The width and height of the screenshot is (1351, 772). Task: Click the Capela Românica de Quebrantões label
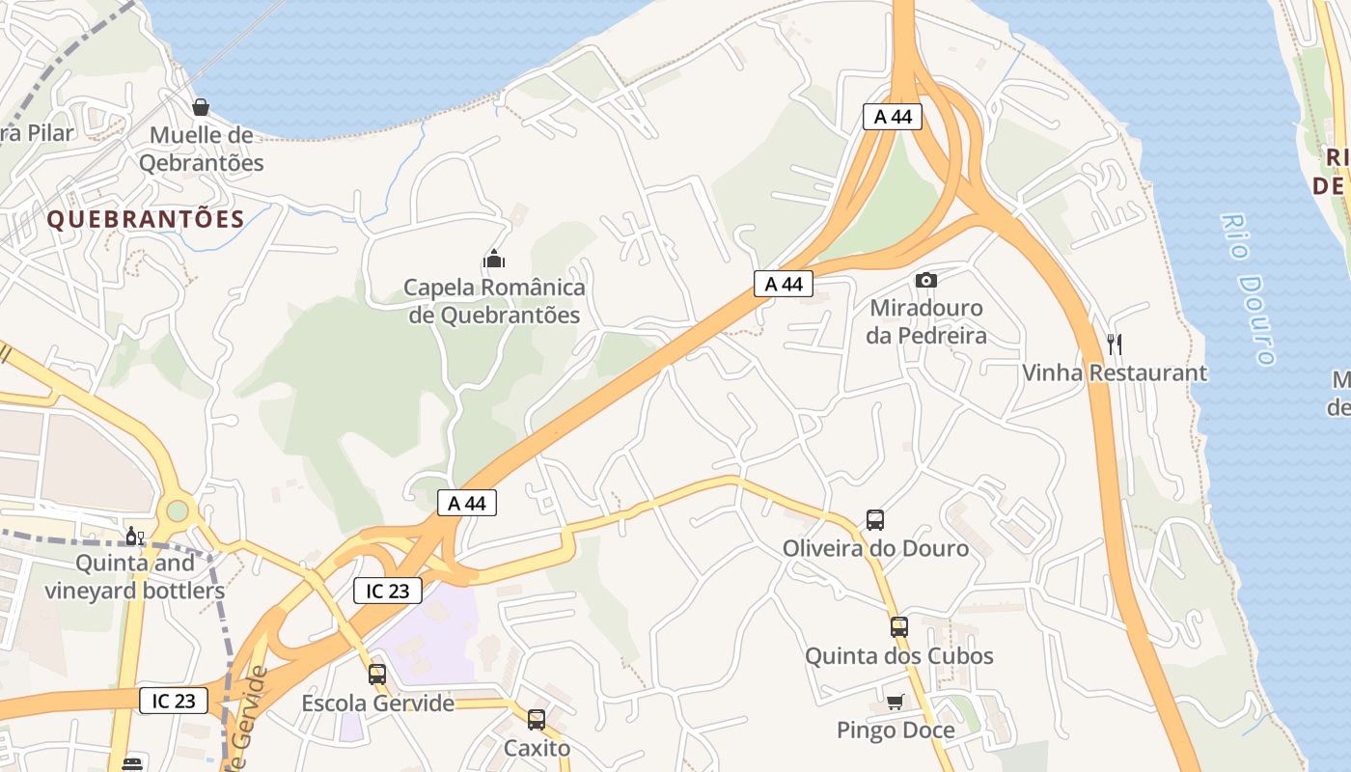click(x=494, y=301)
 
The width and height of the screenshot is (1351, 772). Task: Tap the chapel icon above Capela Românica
click(x=494, y=259)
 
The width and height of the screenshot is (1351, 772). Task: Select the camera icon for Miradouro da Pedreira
click(x=925, y=280)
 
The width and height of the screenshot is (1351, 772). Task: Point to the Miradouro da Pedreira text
click(x=925, y=322)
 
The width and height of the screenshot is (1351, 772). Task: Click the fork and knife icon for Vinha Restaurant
click(x=1114, y=343)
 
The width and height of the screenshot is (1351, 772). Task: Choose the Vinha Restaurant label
click(x=1114, y=372)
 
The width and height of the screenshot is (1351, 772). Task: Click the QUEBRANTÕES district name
click(x=146, y=219)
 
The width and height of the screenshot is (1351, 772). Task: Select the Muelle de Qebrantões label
click(x=201, y=149)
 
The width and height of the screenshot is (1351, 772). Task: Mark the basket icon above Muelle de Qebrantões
click(x=201, y=106)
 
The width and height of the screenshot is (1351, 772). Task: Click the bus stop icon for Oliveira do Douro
click(x=875, y=519)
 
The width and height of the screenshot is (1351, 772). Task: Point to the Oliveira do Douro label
click(x=875, y=548)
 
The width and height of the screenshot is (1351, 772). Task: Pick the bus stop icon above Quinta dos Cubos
click(x=898, y=626)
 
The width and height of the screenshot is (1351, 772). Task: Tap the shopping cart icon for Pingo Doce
click(x=896, y=702)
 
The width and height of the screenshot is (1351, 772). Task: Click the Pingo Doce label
click(x=896, y=731)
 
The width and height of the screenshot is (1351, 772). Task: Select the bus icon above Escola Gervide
click(x=377, y=675)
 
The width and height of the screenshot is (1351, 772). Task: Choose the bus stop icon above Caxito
click(x=537, y=719)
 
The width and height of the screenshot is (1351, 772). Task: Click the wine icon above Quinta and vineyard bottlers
click(x=135, y=536)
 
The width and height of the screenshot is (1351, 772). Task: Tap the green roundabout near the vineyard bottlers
click(x=177, y=510)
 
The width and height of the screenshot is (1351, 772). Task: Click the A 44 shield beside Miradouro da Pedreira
click(x=784, y=284)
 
